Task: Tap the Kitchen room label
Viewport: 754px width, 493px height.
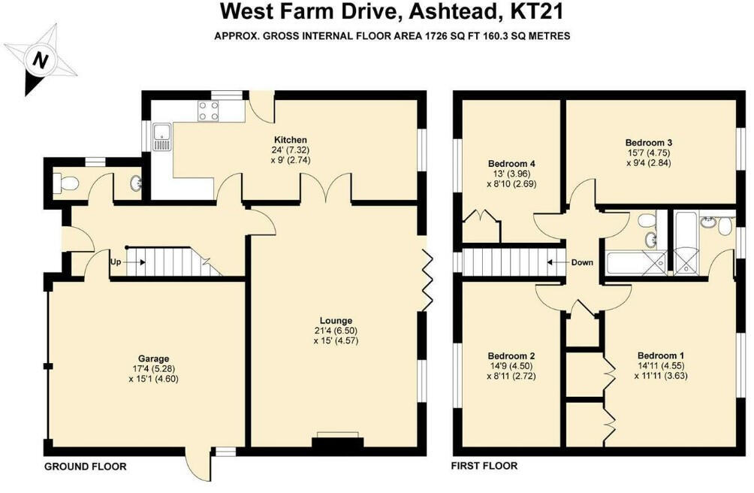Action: pyautogui.click(x=290, y=140)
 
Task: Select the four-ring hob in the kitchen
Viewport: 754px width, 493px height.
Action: pyautogui.click(x=209, y=111)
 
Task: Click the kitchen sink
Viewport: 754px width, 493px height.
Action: pyautogui.click(x=161, y=137)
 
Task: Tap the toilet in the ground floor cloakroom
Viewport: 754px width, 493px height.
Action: pyautogui.click(x=67, y=183)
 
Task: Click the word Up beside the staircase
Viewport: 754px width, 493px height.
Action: pyautogui.click(x=116, y=262)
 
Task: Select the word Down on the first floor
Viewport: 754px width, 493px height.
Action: pyautogui.click(x=581, y=263)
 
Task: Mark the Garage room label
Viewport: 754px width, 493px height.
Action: pyautogui.click(x=152, y=358)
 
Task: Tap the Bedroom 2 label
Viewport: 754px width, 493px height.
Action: pyautogui.click(x=511, y=355)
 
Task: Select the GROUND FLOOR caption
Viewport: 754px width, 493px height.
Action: pyautogui.click(x=84, y=466)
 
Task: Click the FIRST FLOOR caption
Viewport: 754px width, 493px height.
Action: pyautogui.click(x=484, y=466)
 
